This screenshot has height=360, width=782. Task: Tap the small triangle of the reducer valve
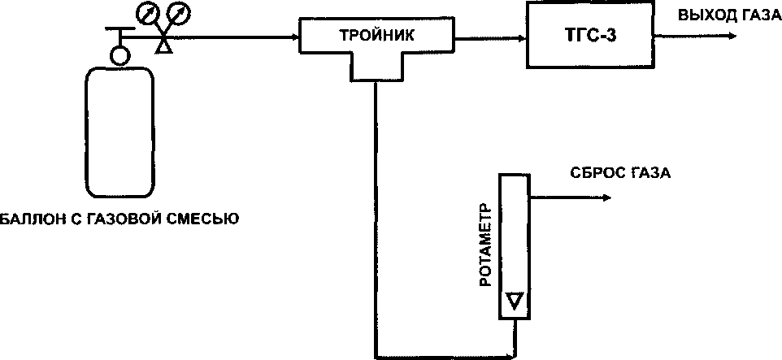point(164,48)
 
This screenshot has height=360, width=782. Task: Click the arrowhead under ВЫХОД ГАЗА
point(732,37)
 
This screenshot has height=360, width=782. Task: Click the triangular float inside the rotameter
point(513,301)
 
